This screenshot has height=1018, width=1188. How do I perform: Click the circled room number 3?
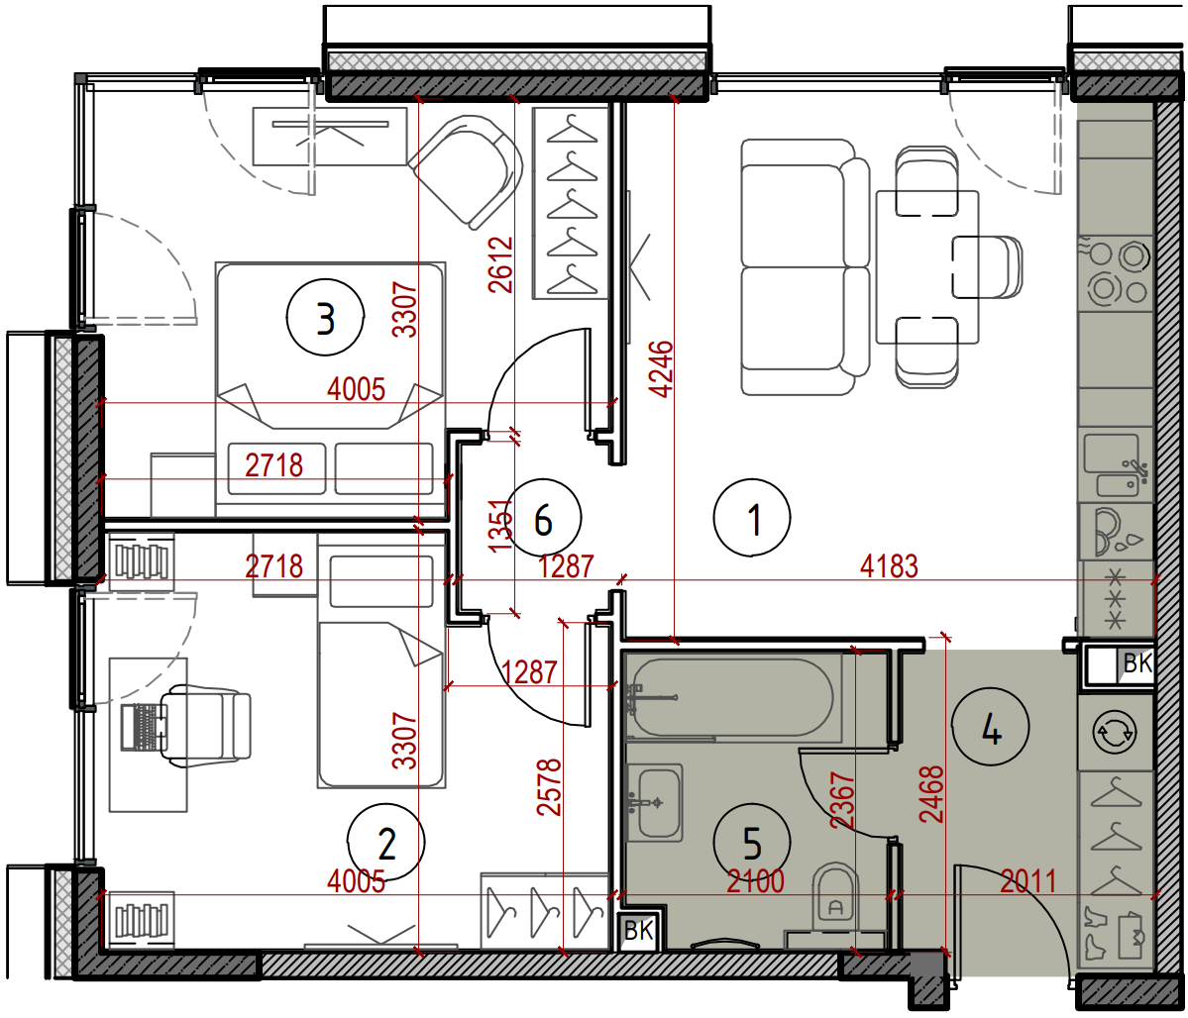(326, 317)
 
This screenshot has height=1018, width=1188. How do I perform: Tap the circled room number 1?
(752, 518)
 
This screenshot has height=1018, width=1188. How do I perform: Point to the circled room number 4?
(991, 727)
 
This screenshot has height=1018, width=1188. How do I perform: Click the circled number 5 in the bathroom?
(752, 843)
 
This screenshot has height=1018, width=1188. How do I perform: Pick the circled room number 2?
(386, 843)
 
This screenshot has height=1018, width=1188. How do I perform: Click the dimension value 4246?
(662, 368)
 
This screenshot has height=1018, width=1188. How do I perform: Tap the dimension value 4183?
(889, 565)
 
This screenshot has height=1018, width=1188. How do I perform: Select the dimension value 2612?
(500, 264)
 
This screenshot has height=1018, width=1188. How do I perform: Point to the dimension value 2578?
(549, 787)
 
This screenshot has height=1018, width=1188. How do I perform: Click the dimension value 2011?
(1028, 881)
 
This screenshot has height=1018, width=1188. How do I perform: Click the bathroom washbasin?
(654, 802)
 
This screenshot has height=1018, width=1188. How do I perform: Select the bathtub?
(732, 697)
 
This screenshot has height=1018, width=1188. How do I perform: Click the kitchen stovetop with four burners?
(1116, 272)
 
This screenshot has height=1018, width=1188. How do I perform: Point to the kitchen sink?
(1116, 465)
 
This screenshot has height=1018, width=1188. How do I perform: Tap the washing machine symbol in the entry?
(1115, 732)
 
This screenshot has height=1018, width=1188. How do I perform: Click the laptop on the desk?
(144, 727)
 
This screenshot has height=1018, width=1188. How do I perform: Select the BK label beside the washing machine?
(1136, 663)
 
